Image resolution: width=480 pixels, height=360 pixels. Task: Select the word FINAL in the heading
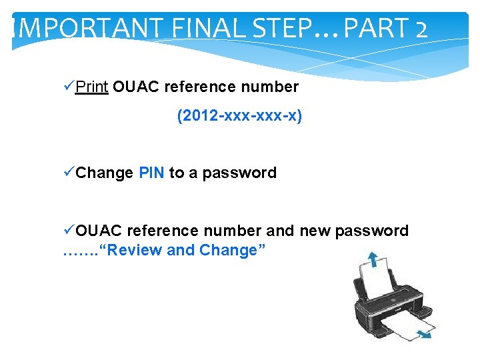pyautogui.click(x=199, y=29)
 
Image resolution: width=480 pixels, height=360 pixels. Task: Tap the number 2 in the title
pyautogui.click(x=419, y=29)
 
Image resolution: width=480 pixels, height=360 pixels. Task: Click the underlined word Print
pyautogui.click(x=92, y=87)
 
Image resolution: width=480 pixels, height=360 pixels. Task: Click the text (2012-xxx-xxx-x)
pyautogui.click(x=239, y=117)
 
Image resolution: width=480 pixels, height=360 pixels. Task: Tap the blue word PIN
pyautogui.click(x=151, y=173)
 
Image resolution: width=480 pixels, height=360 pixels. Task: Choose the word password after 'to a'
pyautogui.click(x=239, y=173)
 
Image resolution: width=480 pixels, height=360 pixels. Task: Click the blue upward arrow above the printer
pyautogui.click(x=371, y=258)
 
